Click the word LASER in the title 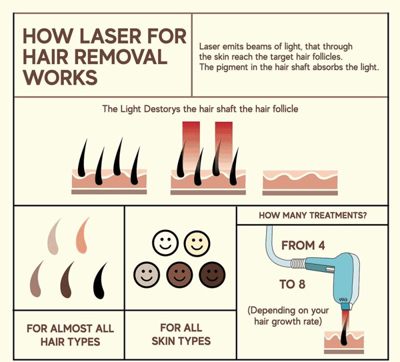(110, 36)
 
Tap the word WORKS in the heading (61, 77)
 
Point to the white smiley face (165, 243)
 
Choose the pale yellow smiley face (197, 243)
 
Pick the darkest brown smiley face (212, 275)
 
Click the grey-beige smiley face (147, 275)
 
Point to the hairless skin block (300, 183)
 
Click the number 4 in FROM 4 (321, 245)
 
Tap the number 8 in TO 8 (301, 284)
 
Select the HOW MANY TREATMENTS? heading (313, 215)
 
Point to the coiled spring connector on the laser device (298, 263)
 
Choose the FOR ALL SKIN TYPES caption (181, 335)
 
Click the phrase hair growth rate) (288, 321)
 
